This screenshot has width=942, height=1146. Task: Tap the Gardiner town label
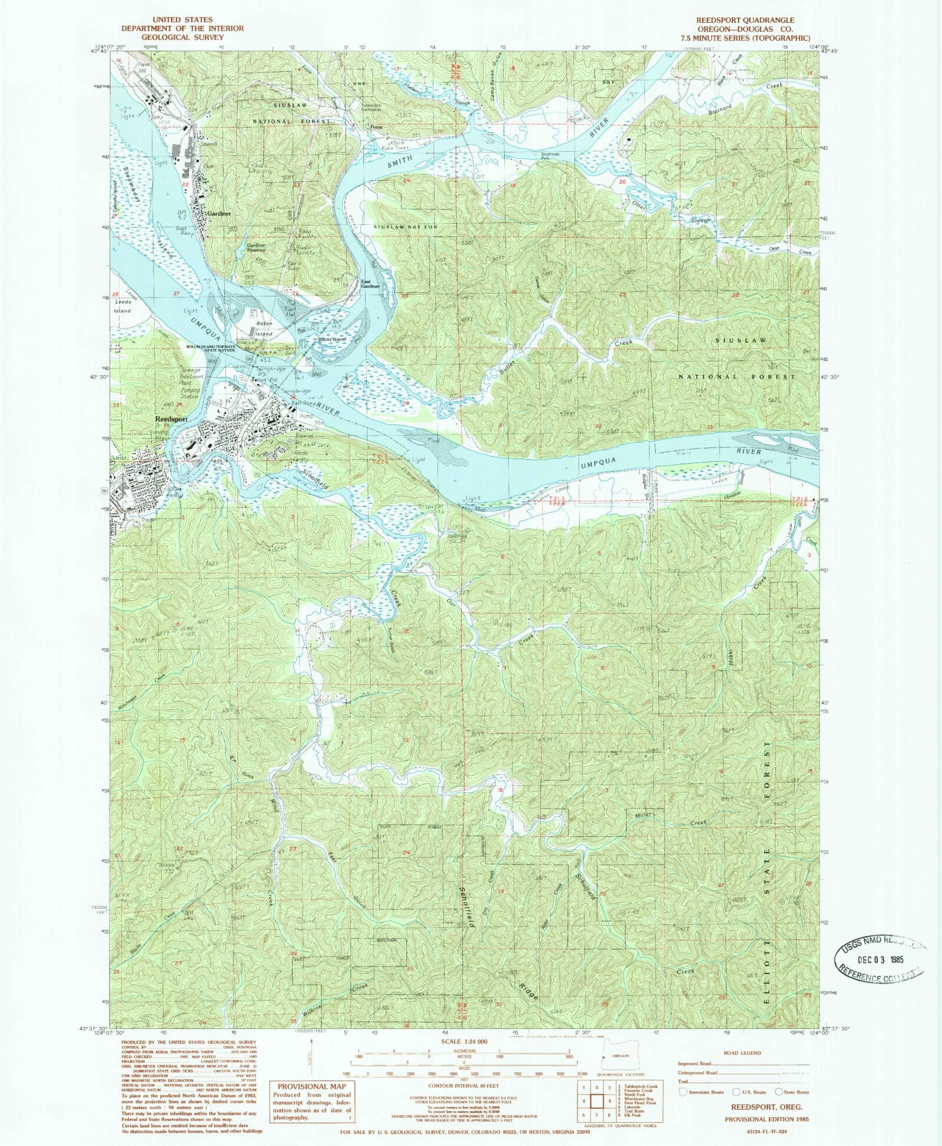coord(218,214)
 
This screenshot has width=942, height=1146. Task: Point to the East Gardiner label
coord(370,284)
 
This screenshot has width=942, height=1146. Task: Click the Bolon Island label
coord(263,328)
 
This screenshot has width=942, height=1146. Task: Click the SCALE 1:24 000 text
coord(463,1041)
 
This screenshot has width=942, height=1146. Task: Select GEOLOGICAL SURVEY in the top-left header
coord(182,37)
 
